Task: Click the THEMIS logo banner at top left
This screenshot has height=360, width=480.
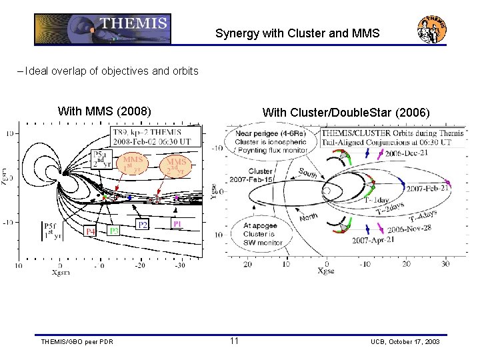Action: coord(103,29)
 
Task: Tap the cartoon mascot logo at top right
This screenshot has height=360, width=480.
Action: coord(431,29)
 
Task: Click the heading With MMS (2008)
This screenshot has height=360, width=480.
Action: coord(105,110)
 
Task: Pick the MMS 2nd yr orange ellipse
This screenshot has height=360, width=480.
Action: coord(176,165)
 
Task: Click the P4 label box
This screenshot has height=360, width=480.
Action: coord(91,231)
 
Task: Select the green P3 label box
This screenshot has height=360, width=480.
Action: coord(113,230)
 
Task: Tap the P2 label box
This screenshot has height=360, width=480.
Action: coord(143,225)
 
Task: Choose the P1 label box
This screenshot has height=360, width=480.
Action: coord(177,223)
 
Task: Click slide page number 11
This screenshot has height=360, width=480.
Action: coord(234,341)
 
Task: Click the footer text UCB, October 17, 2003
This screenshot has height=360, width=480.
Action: coord(405,342)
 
